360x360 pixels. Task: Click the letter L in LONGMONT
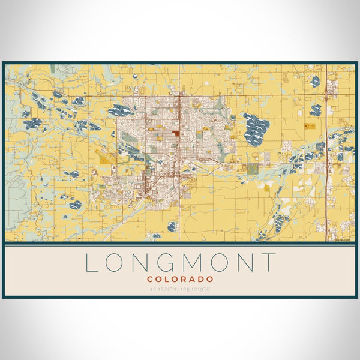pos(91,263)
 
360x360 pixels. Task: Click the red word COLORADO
pos(180,279)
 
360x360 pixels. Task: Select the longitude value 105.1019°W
pos(199,290)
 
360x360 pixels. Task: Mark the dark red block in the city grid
pos(175,134)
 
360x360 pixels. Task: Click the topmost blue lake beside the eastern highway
pos(314,80)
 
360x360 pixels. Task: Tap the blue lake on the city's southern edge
pos(172,226)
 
